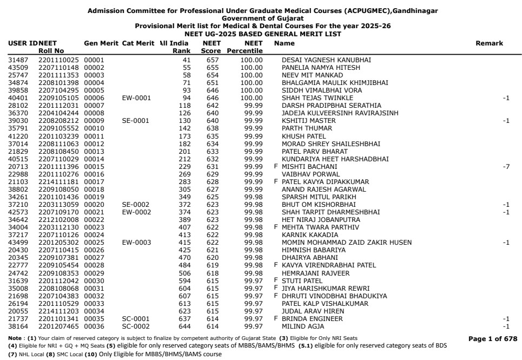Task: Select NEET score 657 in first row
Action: coord(212,60)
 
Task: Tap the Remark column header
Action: coord(489,43)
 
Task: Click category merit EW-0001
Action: coord(135,98)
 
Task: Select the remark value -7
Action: coord(506,167)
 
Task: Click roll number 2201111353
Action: coord(58,75)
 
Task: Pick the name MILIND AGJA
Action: coord(303,326)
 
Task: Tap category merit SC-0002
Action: coord(135,326)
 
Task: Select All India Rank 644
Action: coord(186,326)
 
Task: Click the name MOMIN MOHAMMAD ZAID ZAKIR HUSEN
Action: coord(347,243)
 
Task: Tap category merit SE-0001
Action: coord(135,121)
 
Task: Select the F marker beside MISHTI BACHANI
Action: coord(276,167)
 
